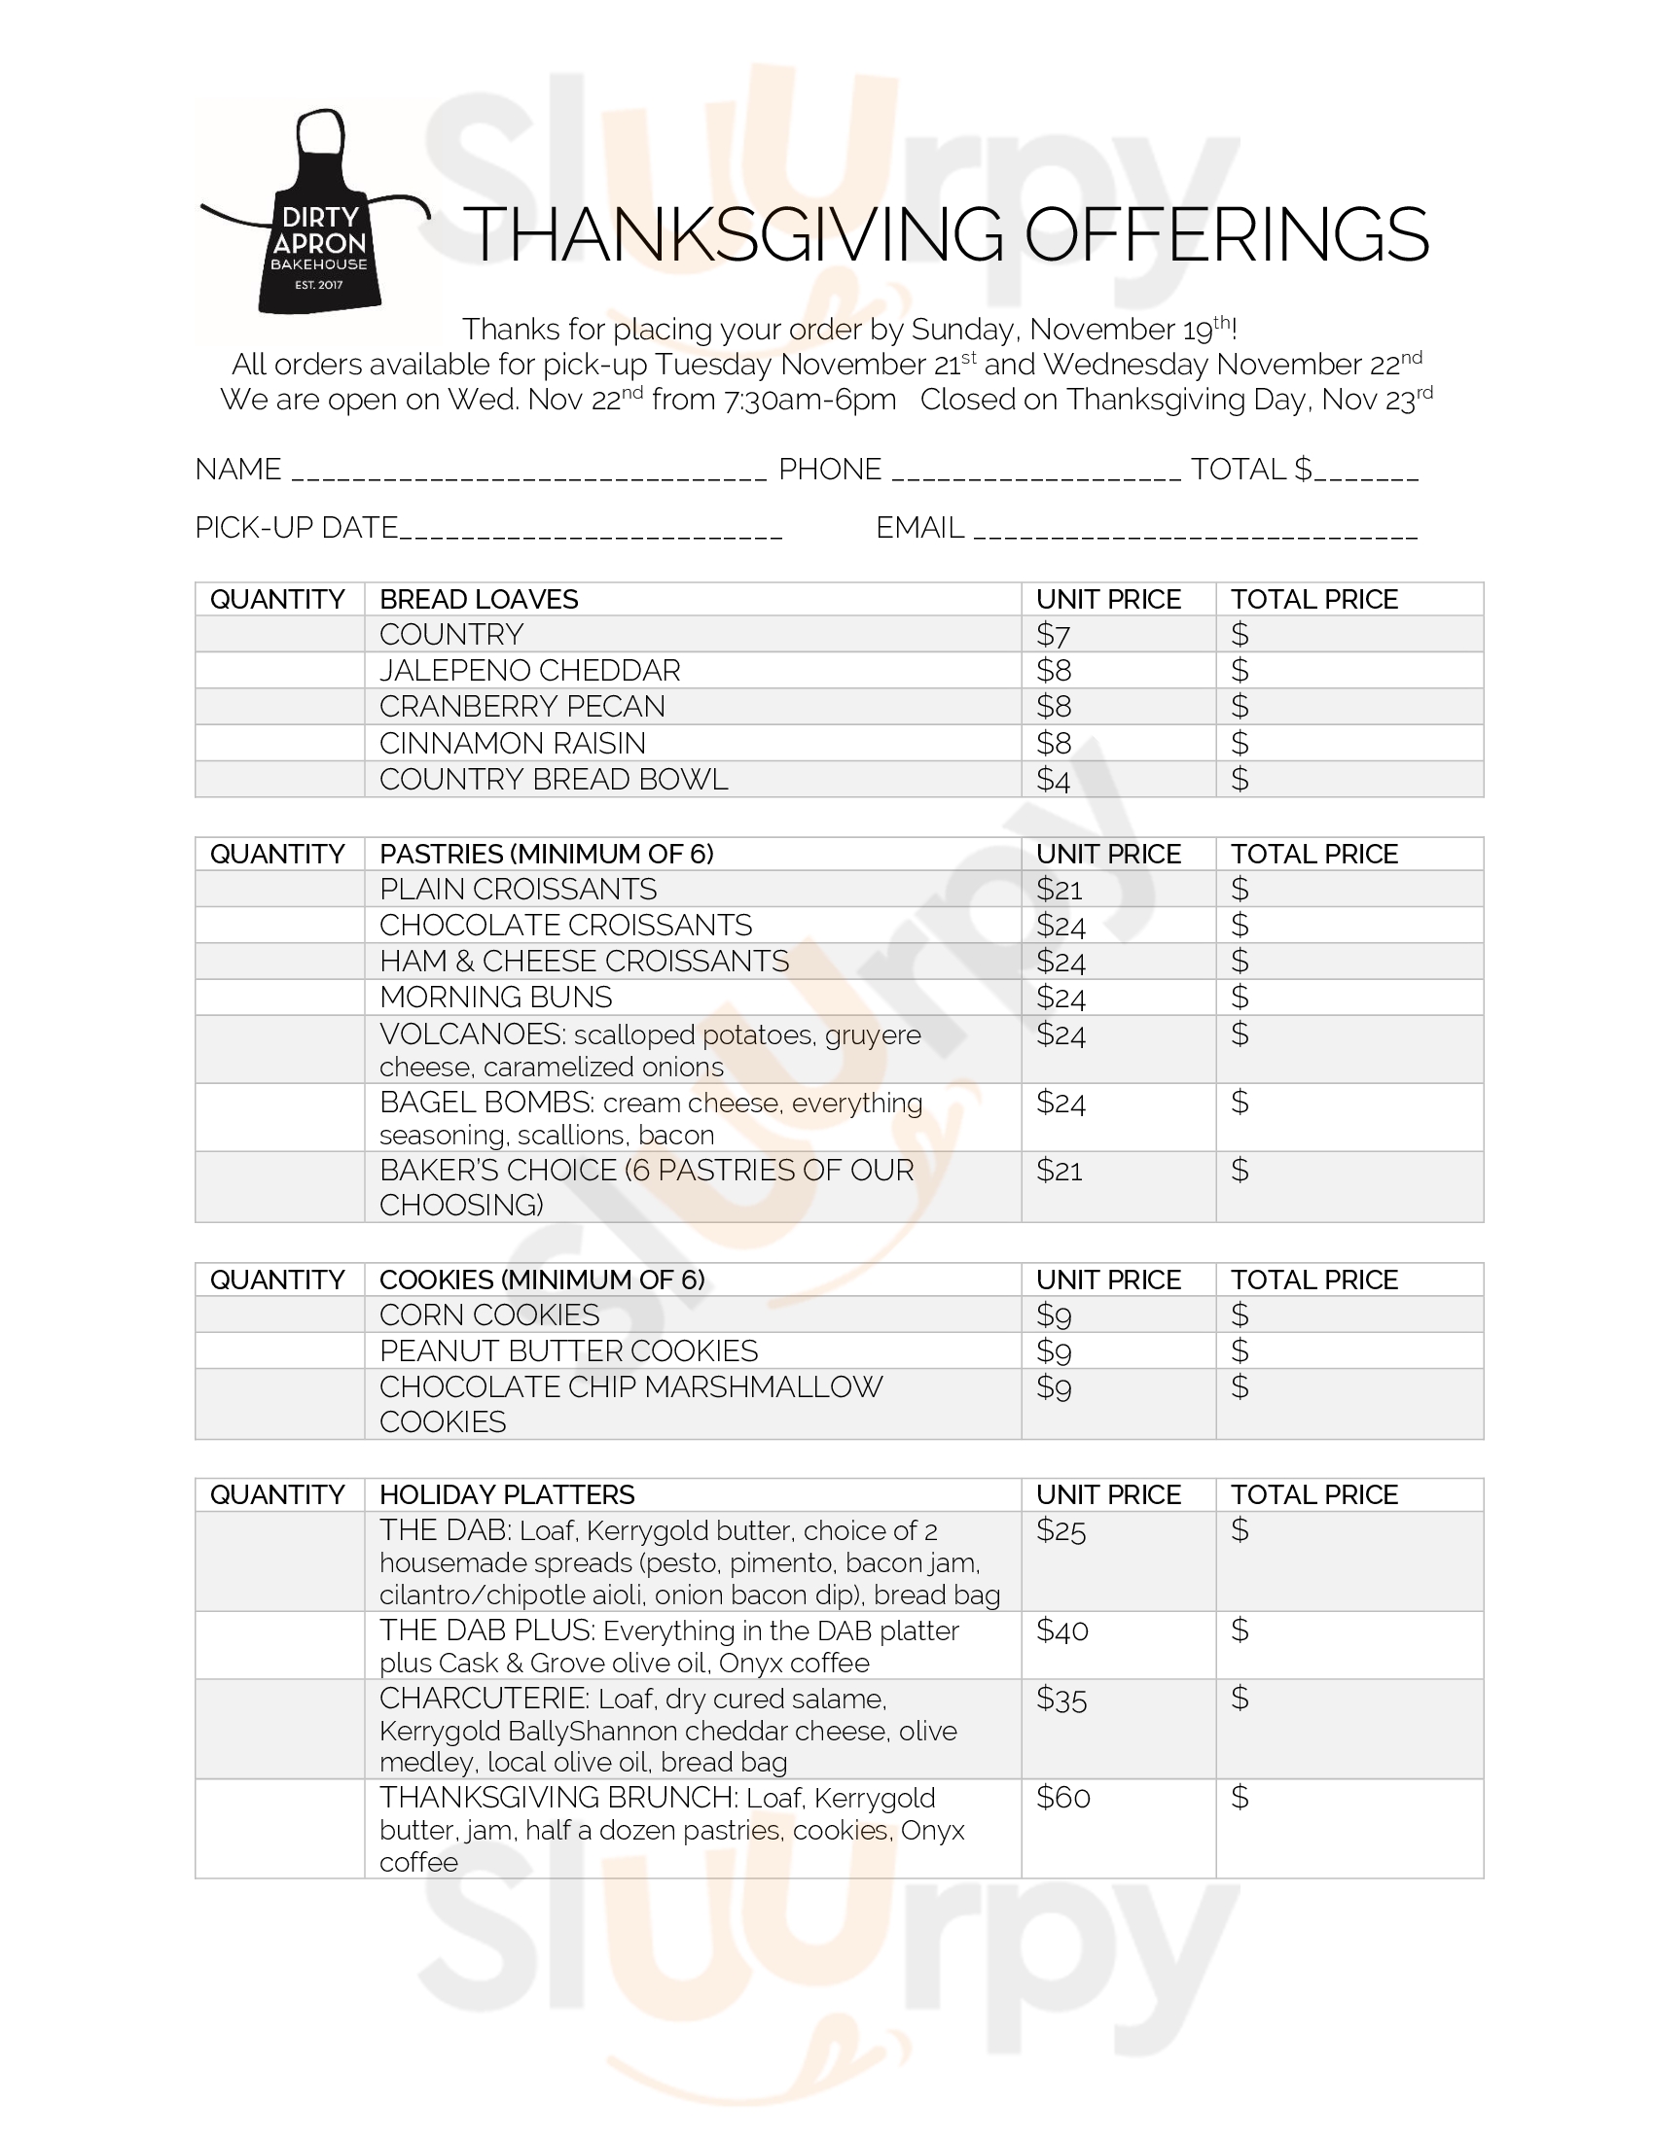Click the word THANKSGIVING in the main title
(x=733, y=235)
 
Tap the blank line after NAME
(x=529, y=474)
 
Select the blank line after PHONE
(x=1037, y=474)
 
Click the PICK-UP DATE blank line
(x=591, y=532)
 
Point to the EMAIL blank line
(x=1196, y=532)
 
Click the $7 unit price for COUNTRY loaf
(x=1054, y=635)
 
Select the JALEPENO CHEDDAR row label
(x=529, y=671)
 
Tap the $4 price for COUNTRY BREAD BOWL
(x=1054, y=780)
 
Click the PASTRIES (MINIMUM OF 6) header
(x=546, y=854)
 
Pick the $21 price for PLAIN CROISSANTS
(x=1060, y=890)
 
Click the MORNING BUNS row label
(x=495, y=997)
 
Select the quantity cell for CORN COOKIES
(x=279, y=1315)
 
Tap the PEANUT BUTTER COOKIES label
(x=568, y=1351)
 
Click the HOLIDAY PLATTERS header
(x=507, y=1494)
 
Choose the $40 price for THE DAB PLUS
(x=1062, y=1631)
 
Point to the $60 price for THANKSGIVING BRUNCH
(x=1063, y=1797)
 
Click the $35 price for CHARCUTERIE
(x=1062, y=1699)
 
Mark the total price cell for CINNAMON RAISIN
(x=1348, y=744)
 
